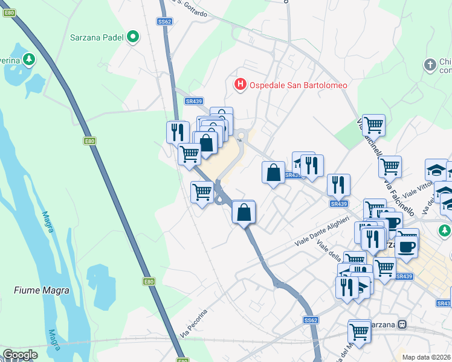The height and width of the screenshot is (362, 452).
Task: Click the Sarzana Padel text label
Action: pos(97,37)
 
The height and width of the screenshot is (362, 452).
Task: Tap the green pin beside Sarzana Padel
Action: pos(133,37)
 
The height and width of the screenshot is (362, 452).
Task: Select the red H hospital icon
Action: pos(241,84)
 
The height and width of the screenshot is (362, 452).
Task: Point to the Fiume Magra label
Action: pos(42,290)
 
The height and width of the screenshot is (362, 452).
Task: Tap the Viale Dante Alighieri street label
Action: pos(322,230)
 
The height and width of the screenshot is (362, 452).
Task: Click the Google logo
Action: pos(20,355)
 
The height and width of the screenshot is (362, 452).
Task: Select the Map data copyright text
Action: pos(427,357)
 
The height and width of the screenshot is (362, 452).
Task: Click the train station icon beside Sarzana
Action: pos(402,325)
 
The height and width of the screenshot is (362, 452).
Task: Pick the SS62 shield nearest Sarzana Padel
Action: pos(164,21)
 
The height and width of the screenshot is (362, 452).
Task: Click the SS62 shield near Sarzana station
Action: pos(311,320)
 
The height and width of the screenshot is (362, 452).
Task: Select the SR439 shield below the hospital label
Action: pos(195,101)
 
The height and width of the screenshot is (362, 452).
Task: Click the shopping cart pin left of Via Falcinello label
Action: pos(373,125)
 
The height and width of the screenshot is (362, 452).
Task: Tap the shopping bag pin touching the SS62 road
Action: pos(244,212)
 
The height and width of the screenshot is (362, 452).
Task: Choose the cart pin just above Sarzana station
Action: pos(360,331)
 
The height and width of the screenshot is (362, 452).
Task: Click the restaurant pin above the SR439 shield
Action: pos(338,185)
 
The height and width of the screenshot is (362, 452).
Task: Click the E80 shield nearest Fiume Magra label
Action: pos(149,281)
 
